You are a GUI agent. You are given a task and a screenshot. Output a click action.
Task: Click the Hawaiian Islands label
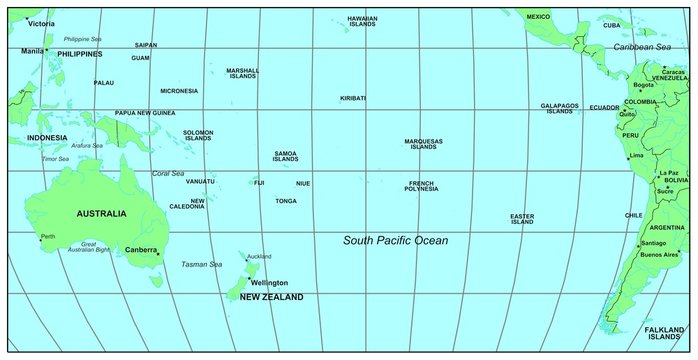[363, 21]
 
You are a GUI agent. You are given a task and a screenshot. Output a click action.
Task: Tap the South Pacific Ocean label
[396, 241]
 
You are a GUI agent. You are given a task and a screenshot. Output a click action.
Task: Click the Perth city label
[48, 237]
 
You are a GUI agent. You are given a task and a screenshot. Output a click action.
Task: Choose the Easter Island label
[522, 219]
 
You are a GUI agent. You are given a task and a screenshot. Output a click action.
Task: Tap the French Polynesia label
[422, 186]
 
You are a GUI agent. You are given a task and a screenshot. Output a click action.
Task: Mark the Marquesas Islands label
[423, 144]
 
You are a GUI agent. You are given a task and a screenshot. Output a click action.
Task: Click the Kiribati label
[353, 98]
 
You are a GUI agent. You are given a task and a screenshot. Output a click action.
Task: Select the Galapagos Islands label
[560, 108]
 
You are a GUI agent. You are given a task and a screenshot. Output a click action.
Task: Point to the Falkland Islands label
[664, 333]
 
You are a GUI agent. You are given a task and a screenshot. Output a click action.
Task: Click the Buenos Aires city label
[659, 255]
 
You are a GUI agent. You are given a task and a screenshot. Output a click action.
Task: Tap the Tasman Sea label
[201, 264]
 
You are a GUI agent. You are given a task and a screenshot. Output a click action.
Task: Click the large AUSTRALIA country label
[101, 213]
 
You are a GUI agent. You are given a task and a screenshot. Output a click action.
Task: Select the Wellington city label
[269, 283]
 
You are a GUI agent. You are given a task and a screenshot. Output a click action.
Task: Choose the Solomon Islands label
[198, 135]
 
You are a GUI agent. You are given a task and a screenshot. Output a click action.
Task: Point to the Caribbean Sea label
[642, 47]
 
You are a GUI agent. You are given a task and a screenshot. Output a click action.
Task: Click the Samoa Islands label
[285, 156]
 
